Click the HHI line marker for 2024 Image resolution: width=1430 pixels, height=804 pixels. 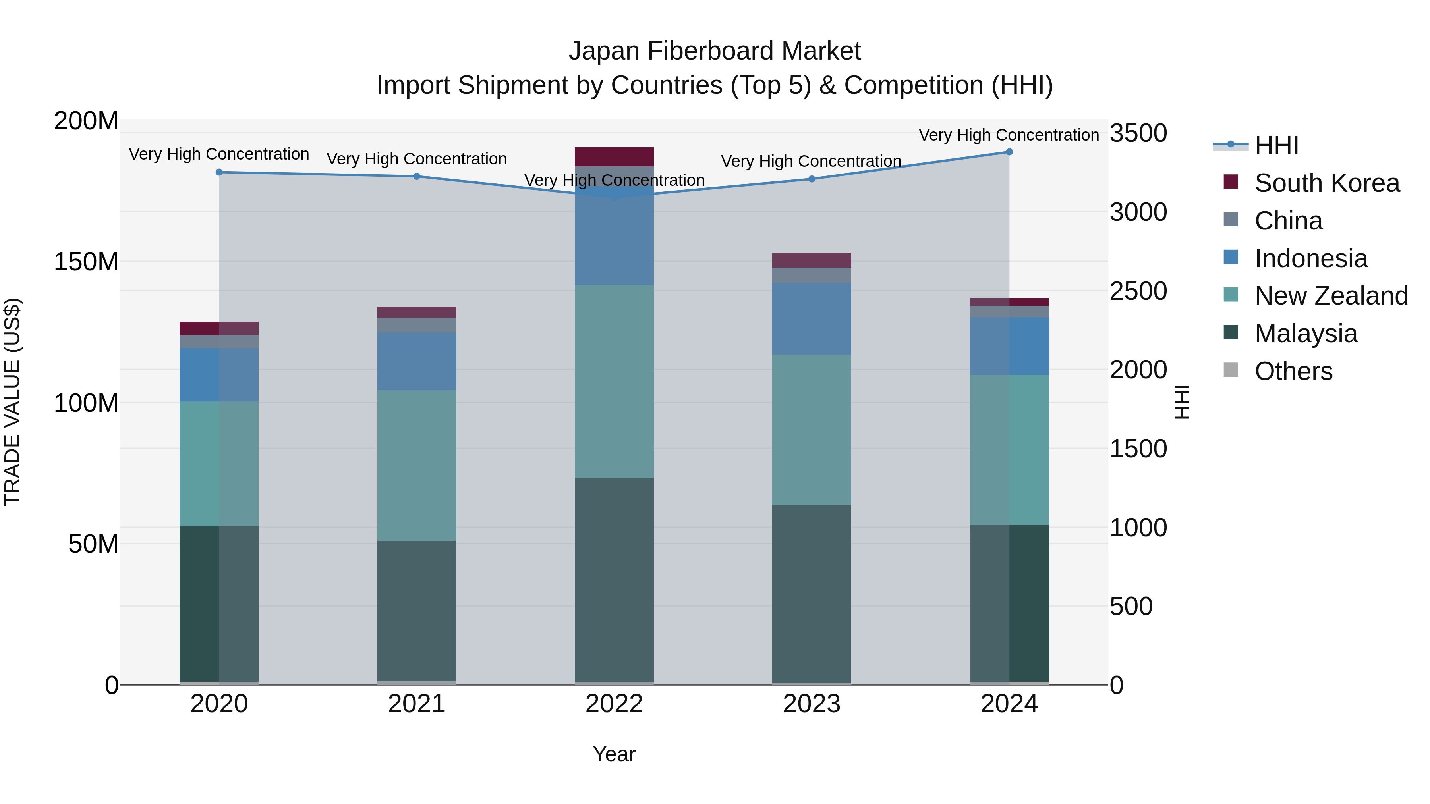click(1009, 152)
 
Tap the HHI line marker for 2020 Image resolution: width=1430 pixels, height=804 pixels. click(219, 172)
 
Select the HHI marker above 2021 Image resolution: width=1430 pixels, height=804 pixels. click(417, 176)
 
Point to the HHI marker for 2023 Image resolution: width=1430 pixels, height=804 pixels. click(812, 179)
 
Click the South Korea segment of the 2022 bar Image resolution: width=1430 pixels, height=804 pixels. click(614, 157)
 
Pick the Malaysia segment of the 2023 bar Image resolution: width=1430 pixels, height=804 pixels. click(812, 594)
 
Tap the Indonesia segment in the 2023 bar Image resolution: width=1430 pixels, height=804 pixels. click(812, 319)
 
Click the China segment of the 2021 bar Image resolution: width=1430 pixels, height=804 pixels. click(417, 325)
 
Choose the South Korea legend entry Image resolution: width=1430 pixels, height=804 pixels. click(1327, 183)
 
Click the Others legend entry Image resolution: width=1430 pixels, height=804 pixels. click(1293, 371)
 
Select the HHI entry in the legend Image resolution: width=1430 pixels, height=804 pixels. click(1276, 145)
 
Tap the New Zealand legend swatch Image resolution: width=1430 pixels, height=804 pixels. click(1231, 296)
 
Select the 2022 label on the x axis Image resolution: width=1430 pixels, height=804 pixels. click(614, 704)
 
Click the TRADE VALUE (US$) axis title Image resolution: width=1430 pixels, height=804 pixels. click(12, 402)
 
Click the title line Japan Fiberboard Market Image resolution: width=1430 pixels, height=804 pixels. click(715, 51)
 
